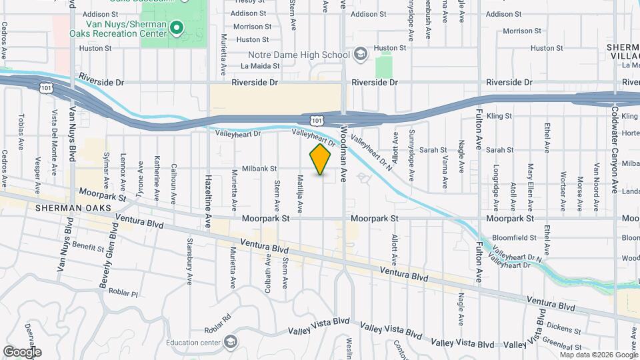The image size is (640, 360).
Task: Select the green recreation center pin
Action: click(x=176, y=28)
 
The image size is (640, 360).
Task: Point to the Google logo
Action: click(x=22, y=351)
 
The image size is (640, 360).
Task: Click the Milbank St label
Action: click(x=259, y=169)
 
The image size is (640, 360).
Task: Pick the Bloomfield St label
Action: click(x=514, y=237)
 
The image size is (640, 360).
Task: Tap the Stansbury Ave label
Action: click(x=189, y=257)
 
